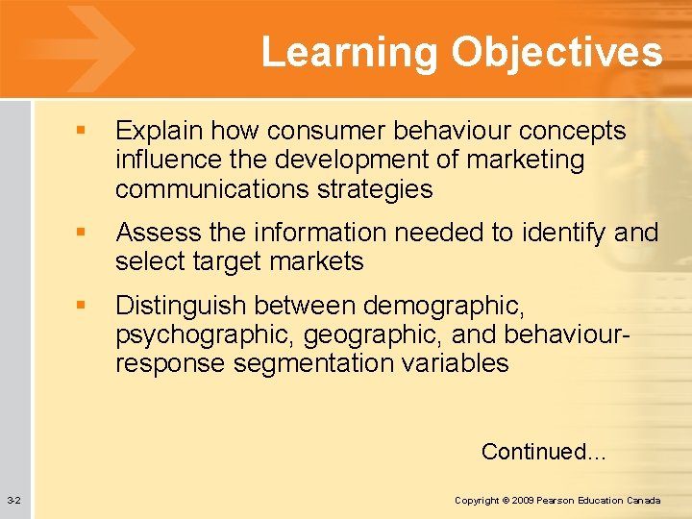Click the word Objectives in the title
tap(557, 52)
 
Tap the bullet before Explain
tap(86, 131)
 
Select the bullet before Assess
tap(86, 233)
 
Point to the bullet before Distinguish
tap(86, 306)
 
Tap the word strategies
tap(377, 189)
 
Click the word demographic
tap(443, 306)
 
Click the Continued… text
tap(543, 451)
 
